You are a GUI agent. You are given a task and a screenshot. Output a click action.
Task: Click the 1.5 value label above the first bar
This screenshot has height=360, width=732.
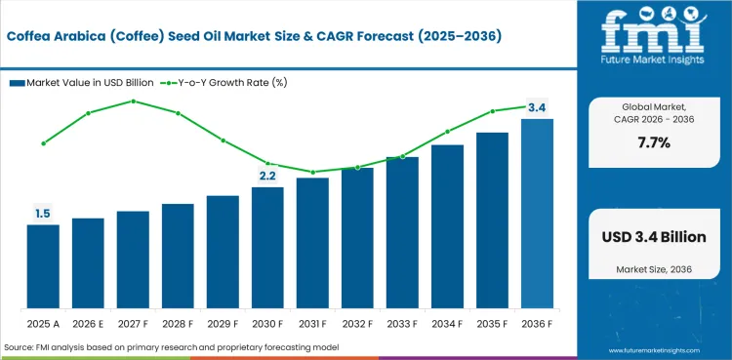43,214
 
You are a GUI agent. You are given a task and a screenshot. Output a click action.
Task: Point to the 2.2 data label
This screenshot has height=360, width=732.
267,176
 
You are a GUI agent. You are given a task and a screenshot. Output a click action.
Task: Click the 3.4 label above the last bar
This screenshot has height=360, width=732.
537,107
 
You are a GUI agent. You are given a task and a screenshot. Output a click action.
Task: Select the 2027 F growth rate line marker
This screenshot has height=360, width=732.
133,100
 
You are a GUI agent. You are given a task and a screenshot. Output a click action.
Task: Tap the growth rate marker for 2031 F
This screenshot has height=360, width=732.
312,172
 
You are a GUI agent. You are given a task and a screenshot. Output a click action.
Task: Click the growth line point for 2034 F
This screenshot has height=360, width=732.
447,132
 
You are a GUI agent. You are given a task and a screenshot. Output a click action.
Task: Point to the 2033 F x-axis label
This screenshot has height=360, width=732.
402,323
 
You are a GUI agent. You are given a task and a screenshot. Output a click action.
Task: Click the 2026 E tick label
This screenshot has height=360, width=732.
88,323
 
